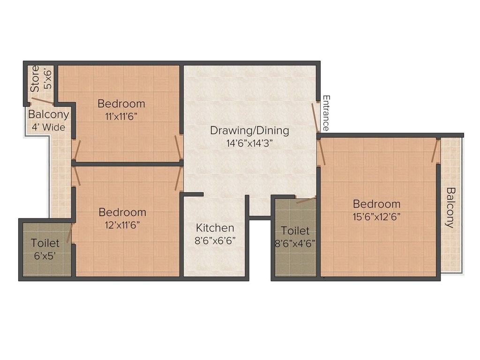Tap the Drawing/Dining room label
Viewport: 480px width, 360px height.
pos(249,130)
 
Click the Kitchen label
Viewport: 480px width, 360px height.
pos(215,228)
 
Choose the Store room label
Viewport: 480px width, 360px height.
pos(35,78)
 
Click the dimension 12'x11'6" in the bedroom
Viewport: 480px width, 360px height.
pos(122,225)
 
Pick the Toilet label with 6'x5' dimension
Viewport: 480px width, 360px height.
pos(45,243)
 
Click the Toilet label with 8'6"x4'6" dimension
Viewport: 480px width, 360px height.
pos(295,231)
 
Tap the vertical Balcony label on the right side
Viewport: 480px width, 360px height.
pos(450,207)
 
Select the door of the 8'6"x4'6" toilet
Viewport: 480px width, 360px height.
pos(306,200)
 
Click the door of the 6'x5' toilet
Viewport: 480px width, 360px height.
pos(70,233)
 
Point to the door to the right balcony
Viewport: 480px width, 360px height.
pos(435,150)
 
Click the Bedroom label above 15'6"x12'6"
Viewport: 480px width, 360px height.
pos(377,204)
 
